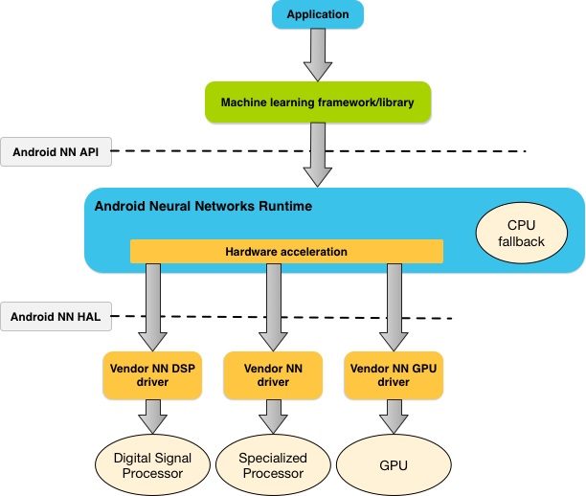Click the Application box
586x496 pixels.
317,14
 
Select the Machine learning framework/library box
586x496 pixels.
317,102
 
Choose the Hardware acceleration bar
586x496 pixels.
286,251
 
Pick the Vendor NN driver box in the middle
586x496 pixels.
273,374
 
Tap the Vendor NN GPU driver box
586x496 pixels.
393,374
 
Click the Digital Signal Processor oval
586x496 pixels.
153,465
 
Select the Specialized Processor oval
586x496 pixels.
273,465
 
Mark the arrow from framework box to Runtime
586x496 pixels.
317,153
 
